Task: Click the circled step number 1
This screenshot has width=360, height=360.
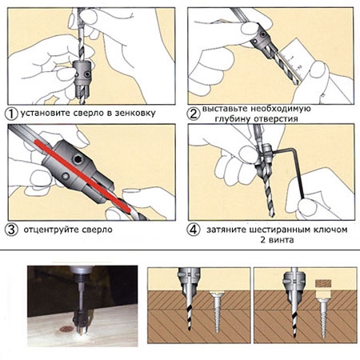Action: [11, 114]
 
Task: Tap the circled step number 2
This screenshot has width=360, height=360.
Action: [193, 114]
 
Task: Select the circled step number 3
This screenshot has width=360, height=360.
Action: [11, 230]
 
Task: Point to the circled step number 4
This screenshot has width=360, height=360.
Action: [193, 230]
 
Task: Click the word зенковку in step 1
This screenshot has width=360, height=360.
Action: [135, 113]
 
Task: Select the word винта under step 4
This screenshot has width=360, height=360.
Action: [281, 240]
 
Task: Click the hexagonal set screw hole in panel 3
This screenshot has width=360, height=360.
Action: [78, 159]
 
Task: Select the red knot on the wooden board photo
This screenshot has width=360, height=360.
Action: [66, 329]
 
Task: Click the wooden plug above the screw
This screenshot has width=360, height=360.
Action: [323, 283]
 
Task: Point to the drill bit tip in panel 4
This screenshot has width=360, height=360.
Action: [272, 214]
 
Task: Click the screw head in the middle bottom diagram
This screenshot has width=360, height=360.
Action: [218, 294]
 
